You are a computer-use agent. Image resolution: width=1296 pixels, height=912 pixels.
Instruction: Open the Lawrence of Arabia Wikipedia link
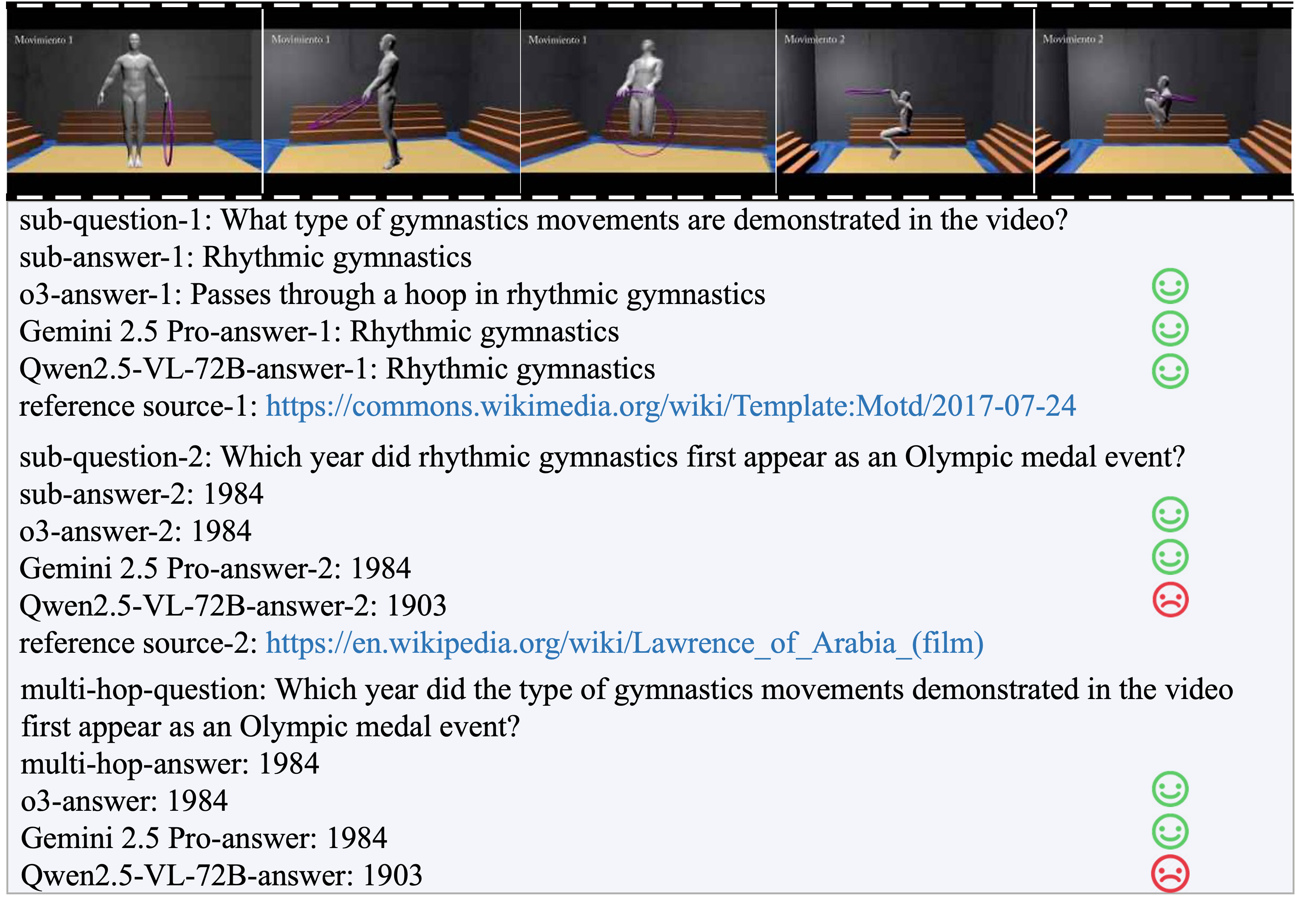624,644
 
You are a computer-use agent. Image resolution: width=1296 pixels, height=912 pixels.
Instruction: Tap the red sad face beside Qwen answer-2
1170,600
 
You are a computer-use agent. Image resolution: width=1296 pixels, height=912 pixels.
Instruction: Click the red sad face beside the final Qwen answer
1170,874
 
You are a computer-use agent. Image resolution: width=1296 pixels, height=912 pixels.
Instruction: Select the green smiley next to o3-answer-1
1170,286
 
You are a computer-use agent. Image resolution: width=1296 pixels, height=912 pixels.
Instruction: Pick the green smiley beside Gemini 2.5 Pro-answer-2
1170,557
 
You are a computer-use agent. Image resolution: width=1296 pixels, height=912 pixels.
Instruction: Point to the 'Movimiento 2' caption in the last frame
1073,39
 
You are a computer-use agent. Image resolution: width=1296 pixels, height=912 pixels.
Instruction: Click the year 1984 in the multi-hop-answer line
289,764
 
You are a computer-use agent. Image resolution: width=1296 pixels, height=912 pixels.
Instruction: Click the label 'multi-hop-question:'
143,690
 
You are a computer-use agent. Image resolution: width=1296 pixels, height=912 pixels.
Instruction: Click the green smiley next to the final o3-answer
1170,789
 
